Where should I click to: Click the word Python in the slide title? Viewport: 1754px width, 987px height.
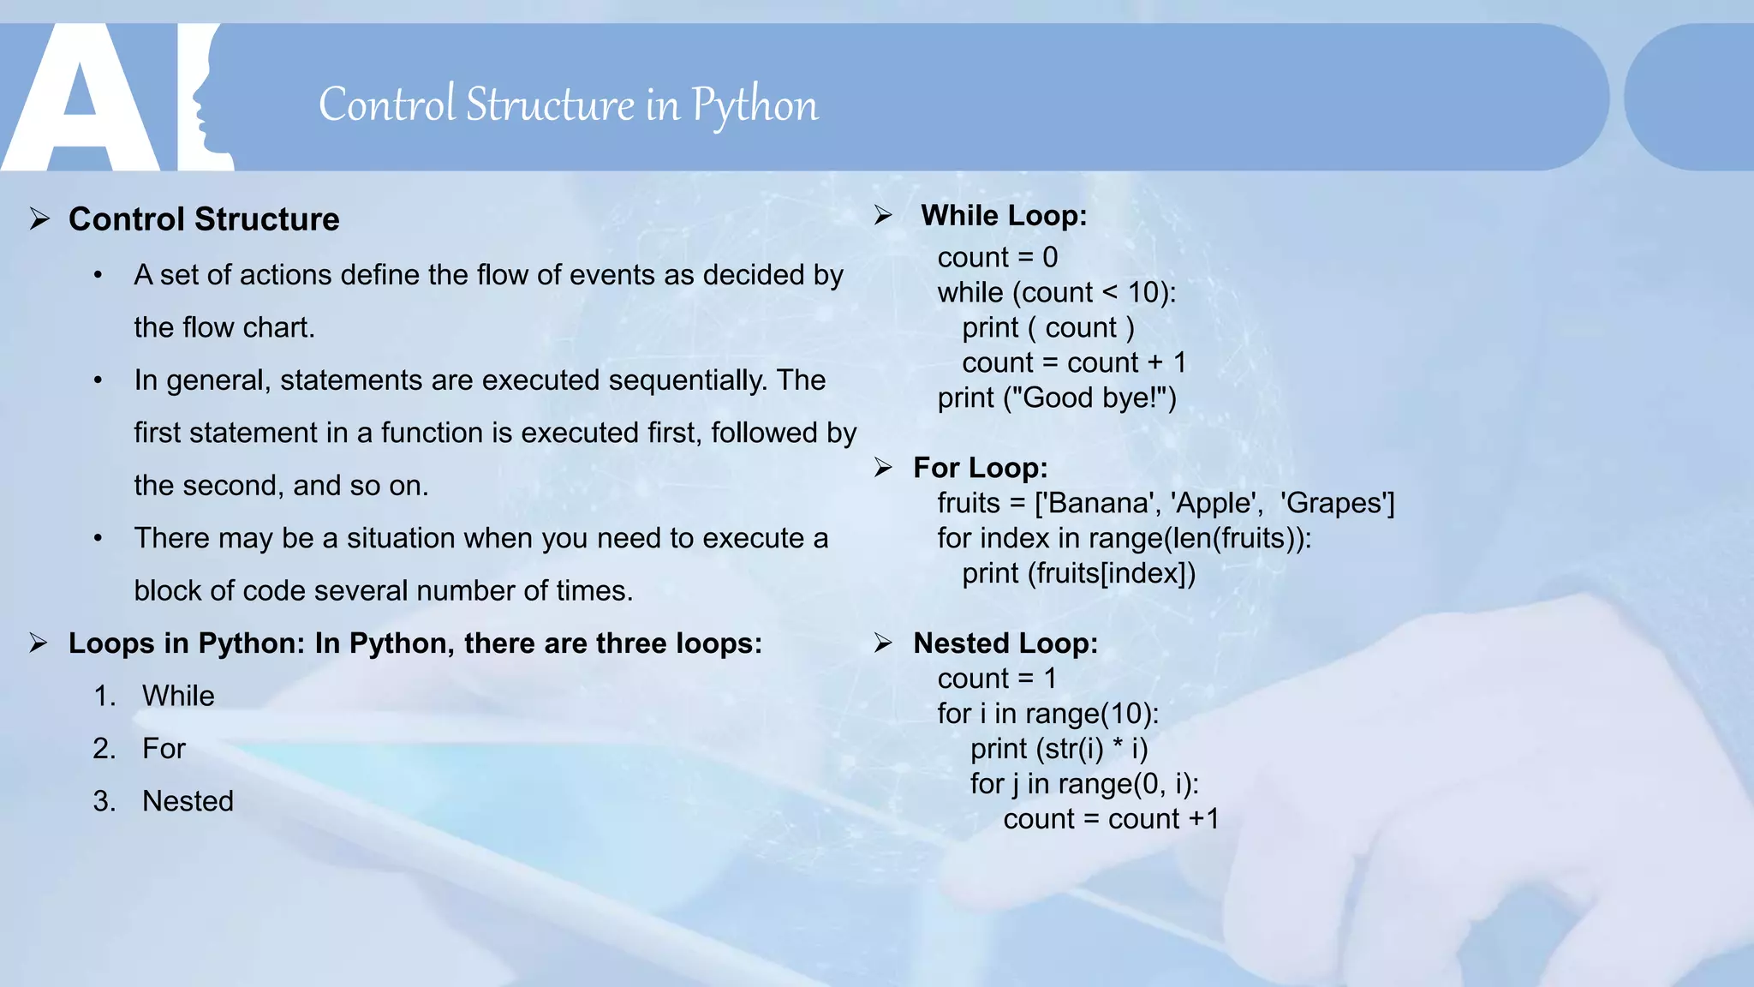tap(755, 105)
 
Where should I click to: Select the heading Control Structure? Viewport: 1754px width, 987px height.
tap(204, 219)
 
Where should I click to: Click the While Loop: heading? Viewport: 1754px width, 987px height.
tap(1003, 215)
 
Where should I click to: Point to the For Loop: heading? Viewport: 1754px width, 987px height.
tap(980, 468)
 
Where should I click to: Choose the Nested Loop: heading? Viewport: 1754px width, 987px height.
tap(1005, 643)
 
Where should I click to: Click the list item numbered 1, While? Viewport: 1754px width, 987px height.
tap(178, 696)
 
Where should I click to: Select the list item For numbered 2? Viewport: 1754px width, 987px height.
tap(164, 749)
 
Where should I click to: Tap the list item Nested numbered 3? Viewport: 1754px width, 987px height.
tap(188, 801)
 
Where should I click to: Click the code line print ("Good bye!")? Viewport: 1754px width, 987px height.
tap(1056, 398)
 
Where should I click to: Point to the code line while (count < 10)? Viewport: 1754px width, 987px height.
tap(1056, 293)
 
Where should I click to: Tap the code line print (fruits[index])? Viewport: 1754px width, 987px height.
tap(1078, 573)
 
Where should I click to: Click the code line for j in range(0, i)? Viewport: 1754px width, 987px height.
tap(1083, 784)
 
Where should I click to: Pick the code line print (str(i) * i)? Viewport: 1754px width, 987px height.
tap(1059, 749)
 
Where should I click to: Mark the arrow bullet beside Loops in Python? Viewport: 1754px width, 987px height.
tap(39, 643)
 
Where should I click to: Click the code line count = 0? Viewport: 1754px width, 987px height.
tap(997, 258)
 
